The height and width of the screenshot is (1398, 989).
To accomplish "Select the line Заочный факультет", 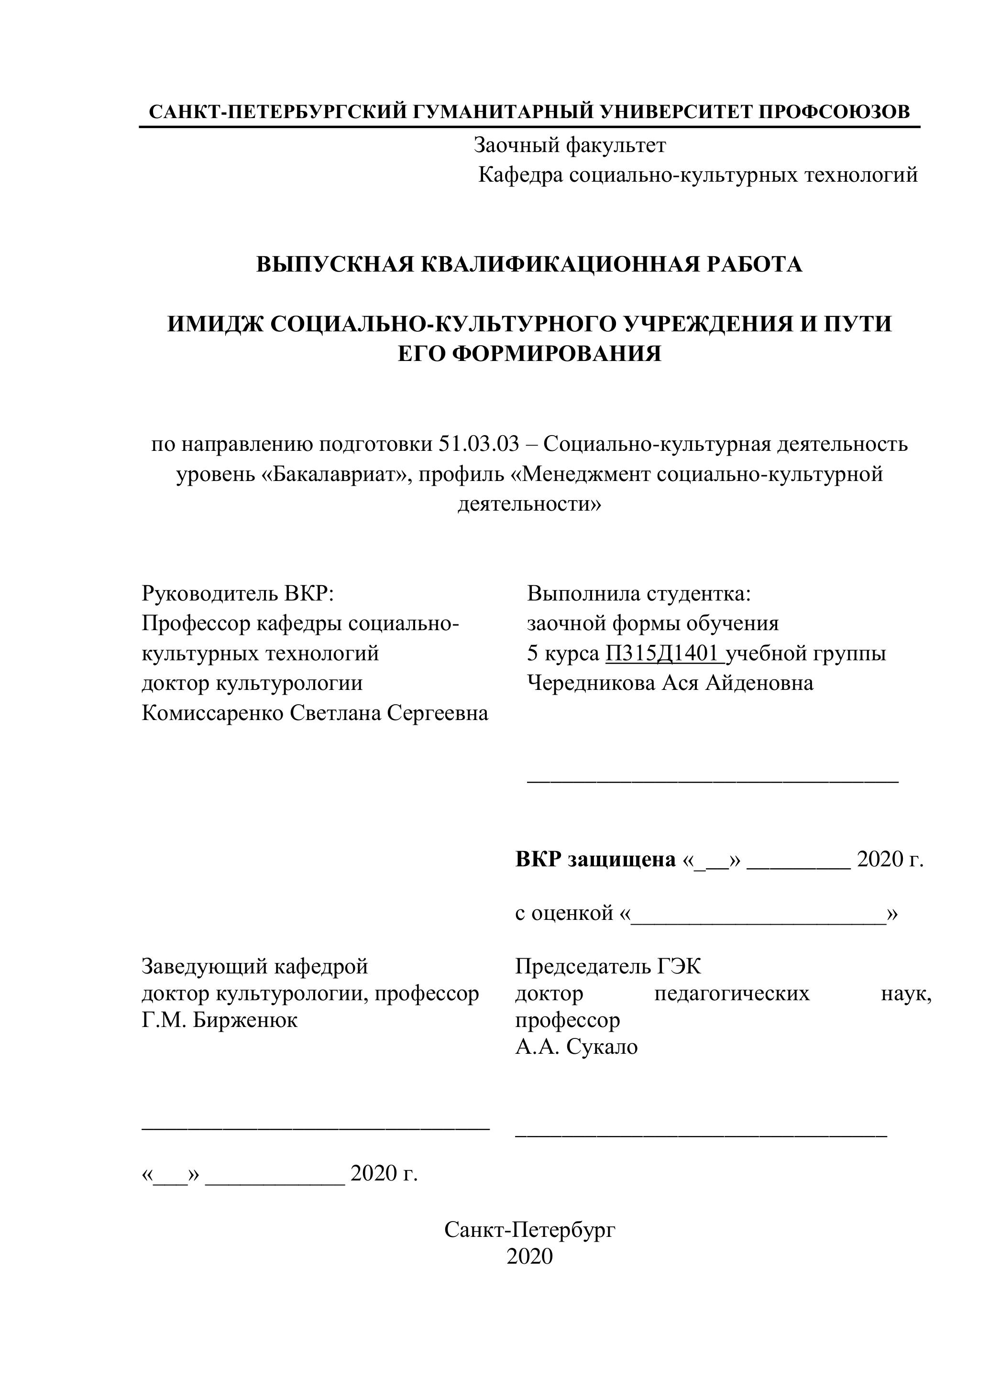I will pyautogui.click(x=570, y=145).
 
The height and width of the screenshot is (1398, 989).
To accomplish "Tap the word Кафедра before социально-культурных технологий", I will pyautogui.click(x=521, y=175).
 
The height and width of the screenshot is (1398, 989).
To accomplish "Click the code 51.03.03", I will pyautogui.click(x=478, y=445).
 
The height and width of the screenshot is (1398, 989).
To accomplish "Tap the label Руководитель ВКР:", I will pyautogui.click(x=238, y=594).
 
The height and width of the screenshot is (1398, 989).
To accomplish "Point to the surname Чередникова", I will pyautogui.click(x=590, y=683).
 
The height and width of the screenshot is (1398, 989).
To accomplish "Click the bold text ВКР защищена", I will pyautogui.click(x=595, y=859).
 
